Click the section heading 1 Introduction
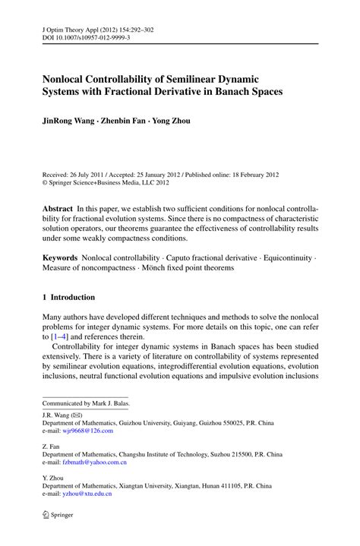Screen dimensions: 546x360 click(x=69, y=297)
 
